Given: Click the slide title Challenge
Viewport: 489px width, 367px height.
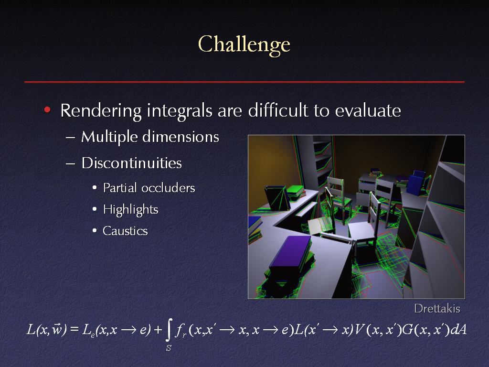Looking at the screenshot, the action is click(x=244, y=44).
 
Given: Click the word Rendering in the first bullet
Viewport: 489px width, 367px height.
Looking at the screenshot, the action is click(x=101, y=111).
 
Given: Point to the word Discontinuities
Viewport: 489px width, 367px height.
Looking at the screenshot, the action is click(x=132, y=163).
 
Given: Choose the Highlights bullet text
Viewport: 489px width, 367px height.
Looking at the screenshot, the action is click(x=131, y=210).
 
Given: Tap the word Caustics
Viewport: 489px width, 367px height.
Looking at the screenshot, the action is click(x=126, y=231).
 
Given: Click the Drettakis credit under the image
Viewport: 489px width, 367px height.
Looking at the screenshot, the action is click(x=437, y=309).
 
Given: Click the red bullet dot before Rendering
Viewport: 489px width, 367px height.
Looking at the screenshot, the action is click(x=47, y=109).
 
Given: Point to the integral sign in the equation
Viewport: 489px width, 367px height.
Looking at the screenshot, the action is click(x=169, y=330).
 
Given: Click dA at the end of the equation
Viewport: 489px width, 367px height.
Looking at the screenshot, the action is click(x=459, y=330).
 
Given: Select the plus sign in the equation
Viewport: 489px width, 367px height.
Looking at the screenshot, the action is click(x=158, y=330).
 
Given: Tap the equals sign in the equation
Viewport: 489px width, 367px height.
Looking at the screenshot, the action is click(x=74, y=330).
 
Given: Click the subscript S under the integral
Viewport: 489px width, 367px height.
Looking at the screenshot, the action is click(x=169, y=348).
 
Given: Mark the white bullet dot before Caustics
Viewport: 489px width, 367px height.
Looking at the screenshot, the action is click(x=95, y=231).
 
